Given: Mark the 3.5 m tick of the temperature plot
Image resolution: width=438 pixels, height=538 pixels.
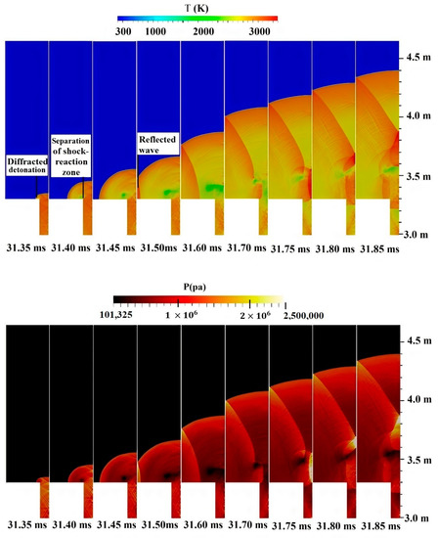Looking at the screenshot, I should [x=419, y=177].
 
